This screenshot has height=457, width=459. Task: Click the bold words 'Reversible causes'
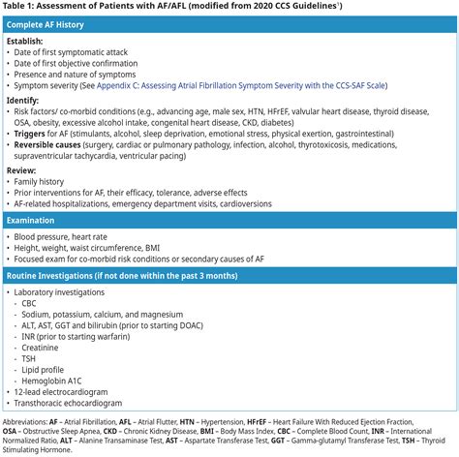click(57, 144)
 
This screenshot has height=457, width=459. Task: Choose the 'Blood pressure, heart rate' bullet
click(72, 237)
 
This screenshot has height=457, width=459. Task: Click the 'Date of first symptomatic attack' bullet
click(83, 53)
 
